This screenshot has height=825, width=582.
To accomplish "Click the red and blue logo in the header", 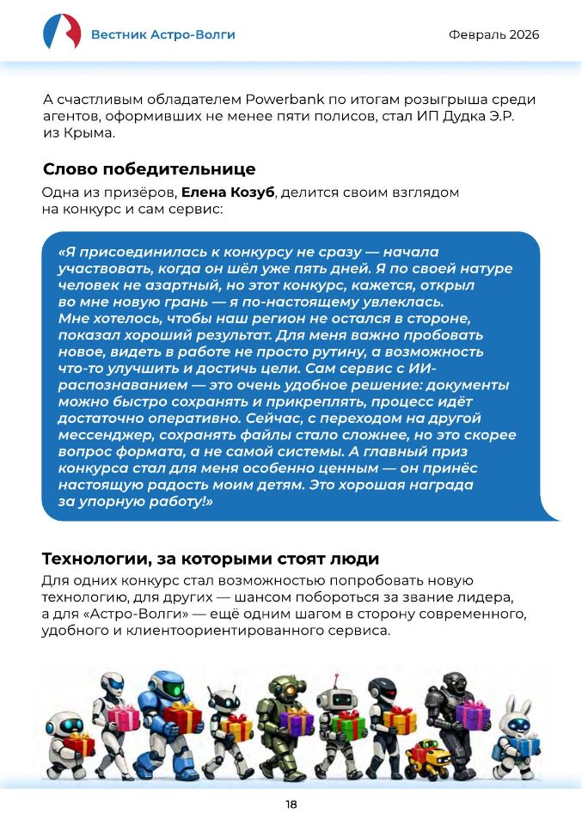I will tap(62, 33).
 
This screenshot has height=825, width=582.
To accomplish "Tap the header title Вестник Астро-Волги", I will tap(162, 34).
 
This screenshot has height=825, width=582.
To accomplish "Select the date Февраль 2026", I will tap(494, 34).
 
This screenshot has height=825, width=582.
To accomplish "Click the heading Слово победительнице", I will tap(149, 169).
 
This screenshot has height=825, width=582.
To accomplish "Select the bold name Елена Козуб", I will tap(228, 192).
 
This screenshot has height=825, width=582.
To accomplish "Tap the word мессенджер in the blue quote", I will tap(104, 436).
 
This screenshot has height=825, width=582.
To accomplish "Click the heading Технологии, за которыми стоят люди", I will tap(211, 559).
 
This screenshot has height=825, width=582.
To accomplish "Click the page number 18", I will tap(291, 804).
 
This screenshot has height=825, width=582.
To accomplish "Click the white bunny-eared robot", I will tap(518, 726).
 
